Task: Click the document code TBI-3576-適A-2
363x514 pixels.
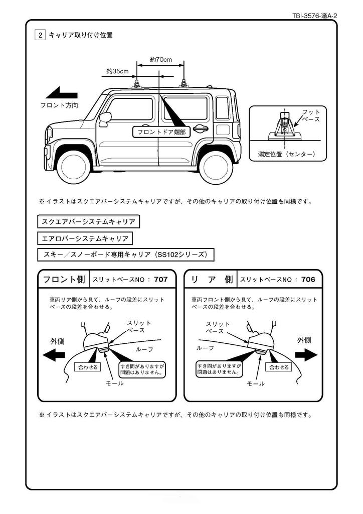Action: pyautogui.click(x=314, y=16)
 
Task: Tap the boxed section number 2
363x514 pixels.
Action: pyautogui.click(x=40, y=35)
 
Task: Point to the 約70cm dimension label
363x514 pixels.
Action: pyautogui.click(x=161, y=60)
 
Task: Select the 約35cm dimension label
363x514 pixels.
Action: pyautogui.click(x=117, y=71)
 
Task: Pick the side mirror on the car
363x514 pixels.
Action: pyautogui.click(x=105, y=118)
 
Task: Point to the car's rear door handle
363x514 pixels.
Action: pyautogui.click(x=201, y=128)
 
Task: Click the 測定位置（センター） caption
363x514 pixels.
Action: pyautogui.click(x=286, y=153)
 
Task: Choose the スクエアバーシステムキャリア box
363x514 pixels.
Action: pyautogui.click(x=88, y=221)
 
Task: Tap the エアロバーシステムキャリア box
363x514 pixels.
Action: pyautogui.click(x=85, y=238)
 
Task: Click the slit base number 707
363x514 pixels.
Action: pyautogui.click(x=161, y=279)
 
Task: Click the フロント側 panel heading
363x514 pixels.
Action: pyautogui.click(x=64, y=279)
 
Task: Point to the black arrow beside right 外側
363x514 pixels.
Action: pyautogui.click(x=304, y=355)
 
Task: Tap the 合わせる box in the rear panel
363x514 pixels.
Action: pyautogui.click(x=279, y=367)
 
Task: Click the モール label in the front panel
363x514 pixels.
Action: pyautogui.click(x=114, y=383)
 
